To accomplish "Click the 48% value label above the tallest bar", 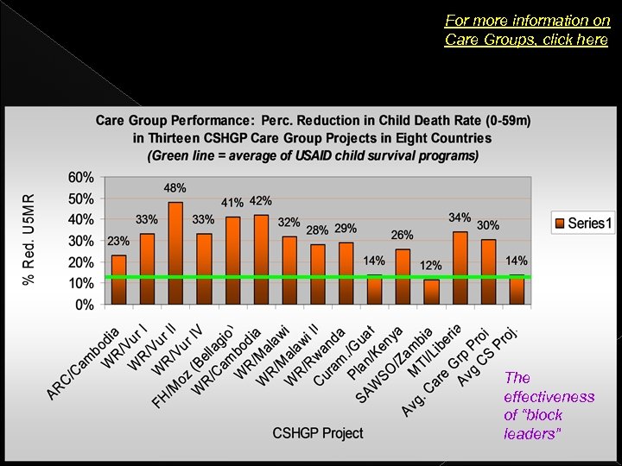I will [x=175, y=187].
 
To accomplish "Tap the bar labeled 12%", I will [x=431, y=292].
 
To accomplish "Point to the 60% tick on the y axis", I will [x=81, y=177].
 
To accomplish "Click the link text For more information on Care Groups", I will [x=527, y=30].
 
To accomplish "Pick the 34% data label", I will [x=460, y=217].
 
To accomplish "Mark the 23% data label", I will [x=118, y=241].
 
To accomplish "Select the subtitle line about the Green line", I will [x=313, y=155].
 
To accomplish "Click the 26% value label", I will [x=402, y=235].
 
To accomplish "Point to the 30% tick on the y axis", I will [x=81, y=241].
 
